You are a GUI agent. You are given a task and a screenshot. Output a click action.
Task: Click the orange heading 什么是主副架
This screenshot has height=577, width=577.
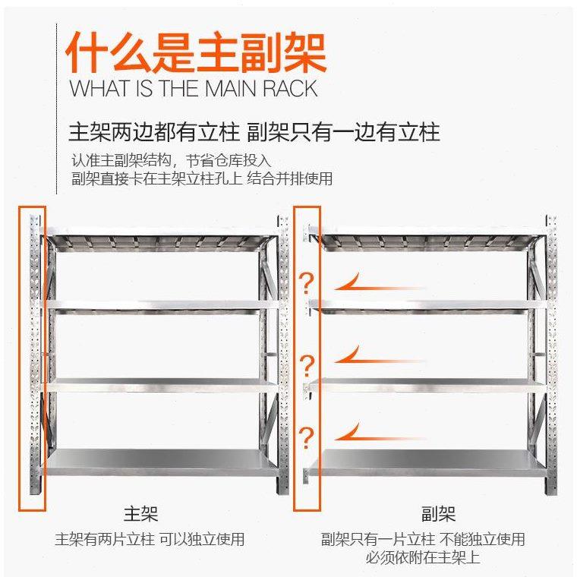(x=196, y=52)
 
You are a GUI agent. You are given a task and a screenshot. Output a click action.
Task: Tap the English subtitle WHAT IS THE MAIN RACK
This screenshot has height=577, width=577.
(x=193, y=89)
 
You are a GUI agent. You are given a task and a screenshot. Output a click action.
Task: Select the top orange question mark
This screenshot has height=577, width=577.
(x=307, y=285)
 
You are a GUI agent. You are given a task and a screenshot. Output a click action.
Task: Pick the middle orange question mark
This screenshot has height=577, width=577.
(x=307, y=364)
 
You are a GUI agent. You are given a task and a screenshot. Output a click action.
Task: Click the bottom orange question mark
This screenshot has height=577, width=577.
(x=307, y=438)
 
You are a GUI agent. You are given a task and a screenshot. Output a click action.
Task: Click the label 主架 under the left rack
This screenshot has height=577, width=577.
(x=141, y=514)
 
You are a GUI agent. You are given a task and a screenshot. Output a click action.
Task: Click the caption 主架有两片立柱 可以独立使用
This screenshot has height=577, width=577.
(x=150, y=540)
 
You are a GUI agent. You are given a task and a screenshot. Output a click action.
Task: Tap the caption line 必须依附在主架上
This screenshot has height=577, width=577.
(x=422, y=558)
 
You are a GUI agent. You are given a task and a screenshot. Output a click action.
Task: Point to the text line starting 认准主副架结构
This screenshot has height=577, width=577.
(x=172, y=161)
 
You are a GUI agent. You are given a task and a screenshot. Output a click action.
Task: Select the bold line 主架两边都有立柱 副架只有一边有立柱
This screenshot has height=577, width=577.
(x=254, y=132)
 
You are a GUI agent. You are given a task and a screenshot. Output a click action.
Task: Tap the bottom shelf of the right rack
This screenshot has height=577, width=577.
(x=429, y=459)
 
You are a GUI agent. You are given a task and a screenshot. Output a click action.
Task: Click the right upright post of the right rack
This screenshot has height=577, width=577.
(x=551, y=357)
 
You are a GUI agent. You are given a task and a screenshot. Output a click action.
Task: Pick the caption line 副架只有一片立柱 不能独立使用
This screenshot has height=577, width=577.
(x=423, y=540)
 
